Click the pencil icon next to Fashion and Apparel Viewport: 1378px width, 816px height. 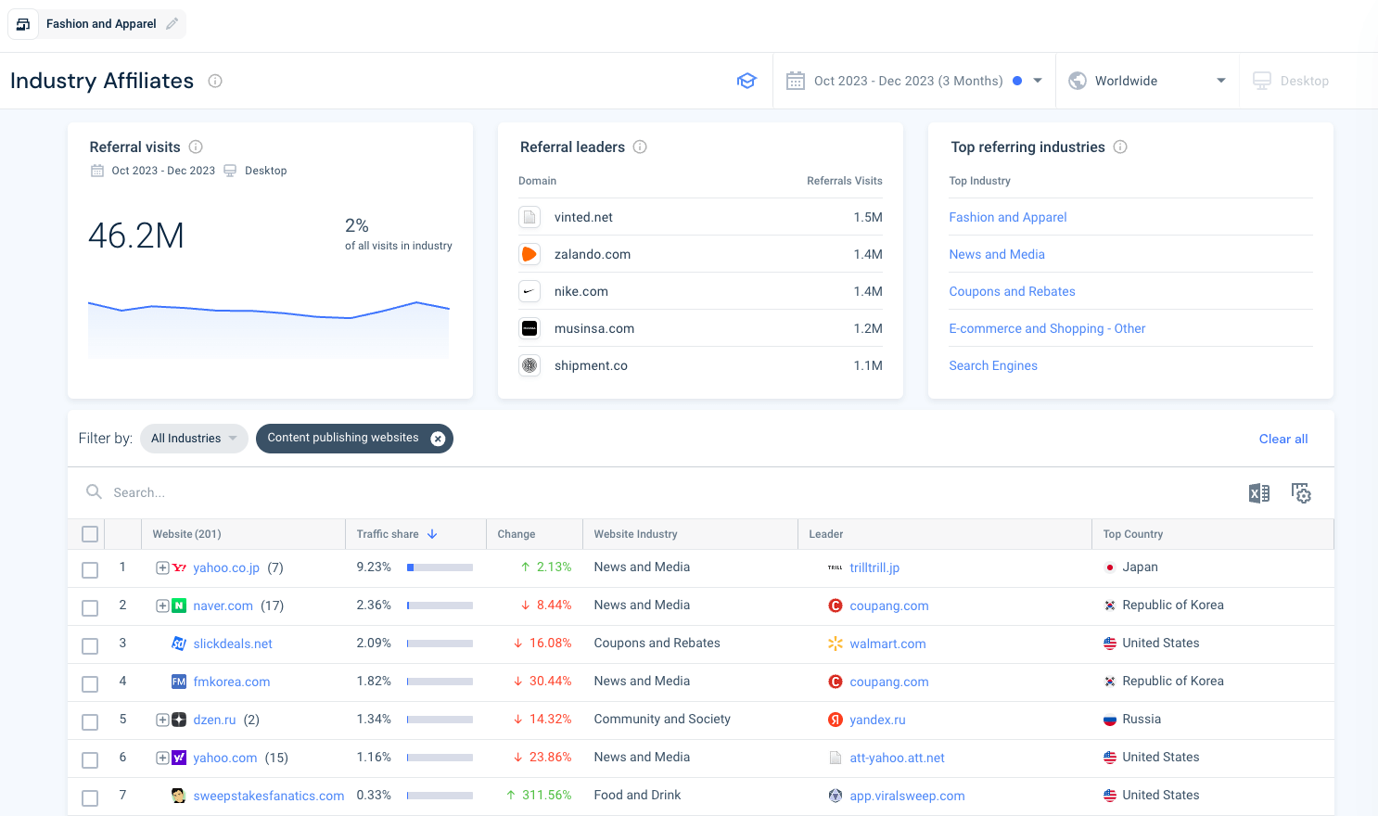(172, 24)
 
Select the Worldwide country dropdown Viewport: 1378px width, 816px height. (1146, 81)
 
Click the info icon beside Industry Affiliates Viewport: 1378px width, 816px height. (215, 81)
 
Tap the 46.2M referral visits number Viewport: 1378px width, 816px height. (136, 236)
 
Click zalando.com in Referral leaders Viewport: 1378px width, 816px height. (592, 254)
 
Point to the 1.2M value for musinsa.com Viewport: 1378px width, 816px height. (867, 328)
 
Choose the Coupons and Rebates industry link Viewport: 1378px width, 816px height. (1012, 291)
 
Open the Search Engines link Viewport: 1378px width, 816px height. (992, 365)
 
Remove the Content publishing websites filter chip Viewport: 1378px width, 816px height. (438, 439)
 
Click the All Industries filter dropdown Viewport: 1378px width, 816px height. (194, 439)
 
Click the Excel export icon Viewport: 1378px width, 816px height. (1258, 493)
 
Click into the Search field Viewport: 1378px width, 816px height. (371, 492)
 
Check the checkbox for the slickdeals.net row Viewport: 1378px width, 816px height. (90, 646)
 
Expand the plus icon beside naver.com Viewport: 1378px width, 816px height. (162, 606)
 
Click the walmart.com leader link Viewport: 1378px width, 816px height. (887, 644)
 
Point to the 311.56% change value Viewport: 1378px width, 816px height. (546, 795)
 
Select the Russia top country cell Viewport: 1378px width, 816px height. (1141, 719)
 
